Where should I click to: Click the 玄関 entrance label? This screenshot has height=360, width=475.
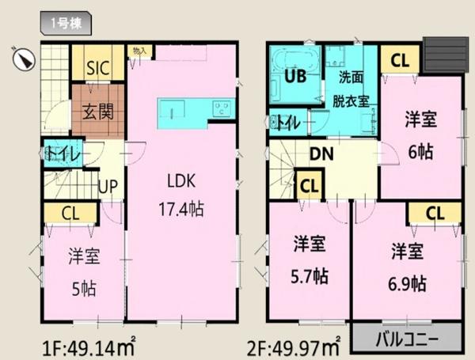pos(97,110)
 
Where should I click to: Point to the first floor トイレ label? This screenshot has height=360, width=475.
pos(62,153)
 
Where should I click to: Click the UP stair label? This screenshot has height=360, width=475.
pos(108,186)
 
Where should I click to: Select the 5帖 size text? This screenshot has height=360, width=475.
pos(84,287)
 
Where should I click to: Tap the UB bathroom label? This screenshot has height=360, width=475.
pos(294,77)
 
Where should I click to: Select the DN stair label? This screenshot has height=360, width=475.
pos(320,154)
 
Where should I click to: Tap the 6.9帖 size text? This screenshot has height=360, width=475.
pos(408,282)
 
